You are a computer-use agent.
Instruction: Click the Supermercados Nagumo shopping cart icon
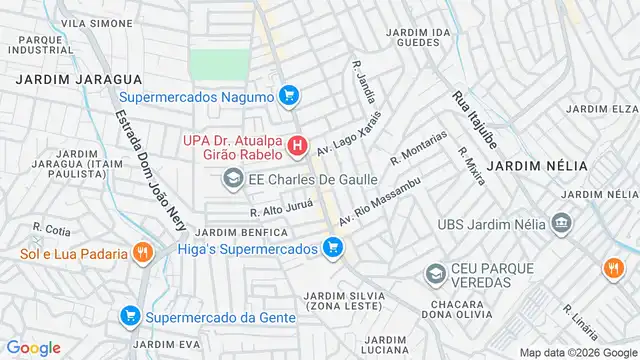[289, 96]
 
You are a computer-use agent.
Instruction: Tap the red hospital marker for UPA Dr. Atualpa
[297, 147]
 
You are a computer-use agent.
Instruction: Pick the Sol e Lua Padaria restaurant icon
[143, 253]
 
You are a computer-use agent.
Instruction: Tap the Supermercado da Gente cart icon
[129, 317]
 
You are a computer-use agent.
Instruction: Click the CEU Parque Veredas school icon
[435, 273]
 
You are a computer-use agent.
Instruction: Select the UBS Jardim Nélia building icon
[561, 220]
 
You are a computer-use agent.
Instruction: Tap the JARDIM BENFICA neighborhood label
[247, 232]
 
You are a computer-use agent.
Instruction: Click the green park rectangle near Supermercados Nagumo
[218, 64]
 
